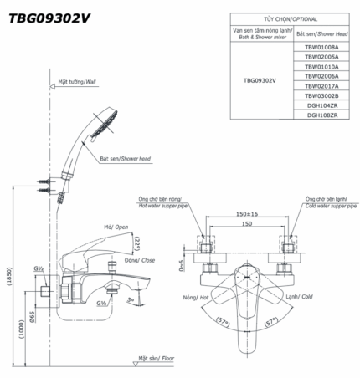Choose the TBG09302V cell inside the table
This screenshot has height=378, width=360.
pyautogui.click(x=261, y=82)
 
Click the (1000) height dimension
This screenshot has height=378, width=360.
pyautogui.click(x=22, y=326)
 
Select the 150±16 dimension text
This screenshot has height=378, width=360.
pyautogui.click(x=245, y=214)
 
